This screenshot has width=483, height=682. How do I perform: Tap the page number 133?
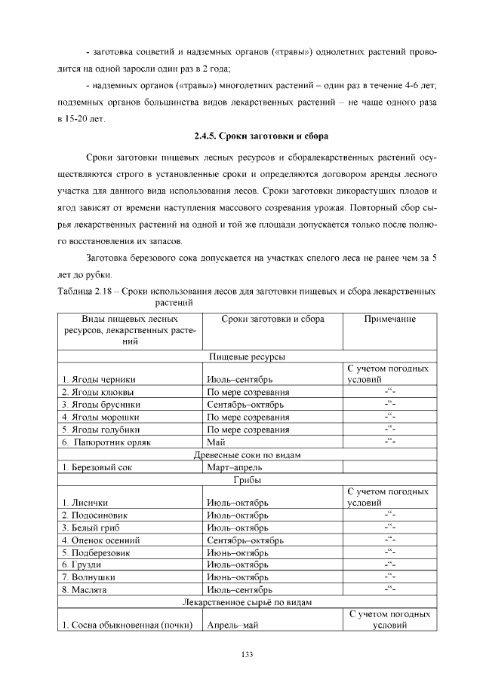pyautogui.click(x=247, y=654)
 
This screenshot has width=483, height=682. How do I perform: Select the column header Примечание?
pyautogui.click(x=389, y=320)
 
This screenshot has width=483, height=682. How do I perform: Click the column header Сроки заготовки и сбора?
pyautogui.click(x=273, y=320)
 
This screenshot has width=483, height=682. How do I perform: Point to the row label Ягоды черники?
pyautogui.click(x=99, y=379)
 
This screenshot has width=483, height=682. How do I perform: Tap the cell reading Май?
pyautogui.click(x=216, y=442)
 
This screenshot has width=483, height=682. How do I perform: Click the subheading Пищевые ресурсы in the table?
pyautogui.click(x=247, y=356)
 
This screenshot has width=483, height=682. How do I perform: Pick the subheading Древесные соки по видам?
pyautogui.click(x=247, y=455)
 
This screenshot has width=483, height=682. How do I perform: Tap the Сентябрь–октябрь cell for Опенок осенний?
pyautogui.click(x=245, y=540)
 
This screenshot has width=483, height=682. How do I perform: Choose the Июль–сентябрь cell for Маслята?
pyautogui.click(x=239, y=589)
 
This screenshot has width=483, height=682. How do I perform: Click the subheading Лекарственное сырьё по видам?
pyautogui.click(x=247, y=602)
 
